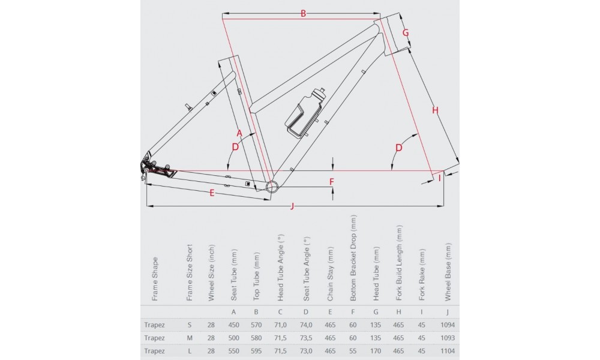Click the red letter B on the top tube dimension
pyautogui.click(x=304, y=13)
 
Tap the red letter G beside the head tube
pyautogui.click(x=406, y=32)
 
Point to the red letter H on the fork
pyautogui.click(x=436, y=110)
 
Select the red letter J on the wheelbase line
pyautogui.click(x=292, y=207)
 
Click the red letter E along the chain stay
pyautogui.click(x=212, y=193)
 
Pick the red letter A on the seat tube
pyautogui.click(x=238, y=132)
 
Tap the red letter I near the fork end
pyautogui.click(x=440, y=177)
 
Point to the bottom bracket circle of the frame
pyautogui.click(x=272, y=186)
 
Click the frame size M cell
pyautogui.click(x=190, y=338)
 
